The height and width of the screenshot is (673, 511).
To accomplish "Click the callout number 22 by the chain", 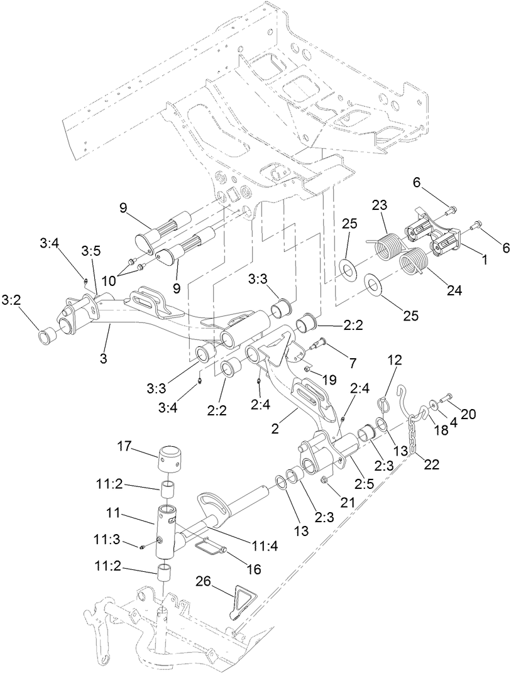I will tap(432, 464).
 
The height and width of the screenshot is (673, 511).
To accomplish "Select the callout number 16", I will tap(253, 570).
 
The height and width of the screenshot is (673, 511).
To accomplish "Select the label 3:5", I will tap(92, 251).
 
